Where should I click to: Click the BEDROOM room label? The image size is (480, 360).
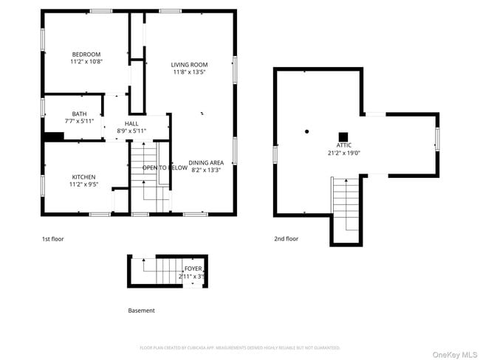pyautogui.click(x=86, y=54)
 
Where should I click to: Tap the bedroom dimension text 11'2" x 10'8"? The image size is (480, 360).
pyautogui.click(x=86, y=62)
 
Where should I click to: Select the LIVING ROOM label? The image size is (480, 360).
pyautogui.click(x=189, y=64)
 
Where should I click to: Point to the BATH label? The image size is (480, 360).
pyautogui.click(x=58, y=114)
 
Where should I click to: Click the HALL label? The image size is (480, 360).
pyautogui.click(x=131, y=123)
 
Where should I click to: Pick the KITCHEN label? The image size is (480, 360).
pyautogui.click(x=83, y=177)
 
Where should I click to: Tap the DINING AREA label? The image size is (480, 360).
pyautogui.click(x=206, y=162)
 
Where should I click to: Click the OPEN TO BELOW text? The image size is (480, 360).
pyautogui.click(x=165, y=168)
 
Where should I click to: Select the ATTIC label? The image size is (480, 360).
pyautogui.click(x=343, y=145)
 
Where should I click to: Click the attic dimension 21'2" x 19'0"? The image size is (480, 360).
pyautogui.click(x=343, y=153)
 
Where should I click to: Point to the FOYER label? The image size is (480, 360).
pyautogui.click(x=193, y=269)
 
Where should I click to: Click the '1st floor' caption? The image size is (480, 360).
pyautogui.click(x=52, y=239)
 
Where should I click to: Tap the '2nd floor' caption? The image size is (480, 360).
pyautogui.click(x=286, y=239)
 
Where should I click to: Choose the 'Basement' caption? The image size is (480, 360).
pyautogui.click(x=141, y=311)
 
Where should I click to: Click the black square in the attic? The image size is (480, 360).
pyautogui.click(x=343, y=136)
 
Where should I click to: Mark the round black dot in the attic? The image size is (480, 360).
pyautogui.click(x=307, y=132)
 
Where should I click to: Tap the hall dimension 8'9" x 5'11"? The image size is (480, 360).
pyautogui.click(x=131, y=131)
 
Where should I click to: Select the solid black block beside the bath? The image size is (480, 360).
pyautogui.click(x=53, y=136)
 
